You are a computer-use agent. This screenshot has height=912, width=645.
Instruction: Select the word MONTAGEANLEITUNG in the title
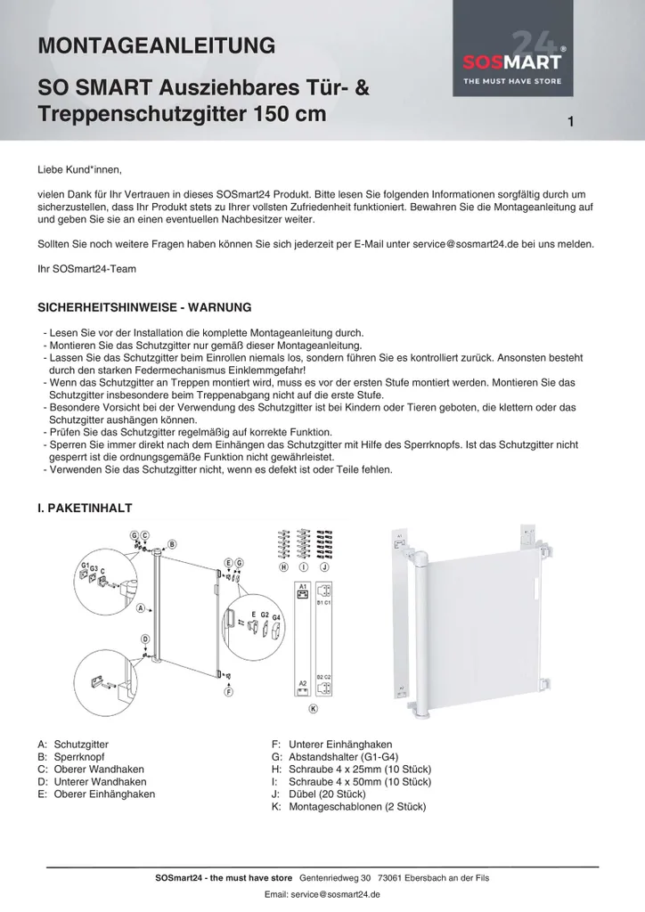(156, 45)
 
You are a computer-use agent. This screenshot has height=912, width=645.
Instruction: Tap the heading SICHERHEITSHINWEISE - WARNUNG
(144, 307)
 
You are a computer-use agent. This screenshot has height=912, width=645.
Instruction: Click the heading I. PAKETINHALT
(85, 508)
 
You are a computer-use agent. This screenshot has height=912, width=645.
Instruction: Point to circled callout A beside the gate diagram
(141, 609)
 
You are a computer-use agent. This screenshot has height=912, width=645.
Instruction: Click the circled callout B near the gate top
(172, 544)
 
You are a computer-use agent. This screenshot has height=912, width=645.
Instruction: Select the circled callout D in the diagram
(145, 639)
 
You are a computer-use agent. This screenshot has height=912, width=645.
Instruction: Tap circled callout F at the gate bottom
(229, 691)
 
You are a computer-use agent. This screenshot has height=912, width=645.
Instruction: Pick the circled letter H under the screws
(283, 566)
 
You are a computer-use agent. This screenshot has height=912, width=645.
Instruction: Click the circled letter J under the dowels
(324, 566)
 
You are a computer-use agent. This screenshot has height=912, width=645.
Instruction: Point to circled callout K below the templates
(313, 708)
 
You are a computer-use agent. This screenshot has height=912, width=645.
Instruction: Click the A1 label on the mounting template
(303, 586)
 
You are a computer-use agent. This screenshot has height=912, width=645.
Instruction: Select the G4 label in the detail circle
(276, 617)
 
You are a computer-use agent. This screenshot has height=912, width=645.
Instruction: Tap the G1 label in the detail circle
(86, 565)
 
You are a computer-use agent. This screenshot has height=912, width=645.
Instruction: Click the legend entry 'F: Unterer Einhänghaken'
(331, 745)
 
